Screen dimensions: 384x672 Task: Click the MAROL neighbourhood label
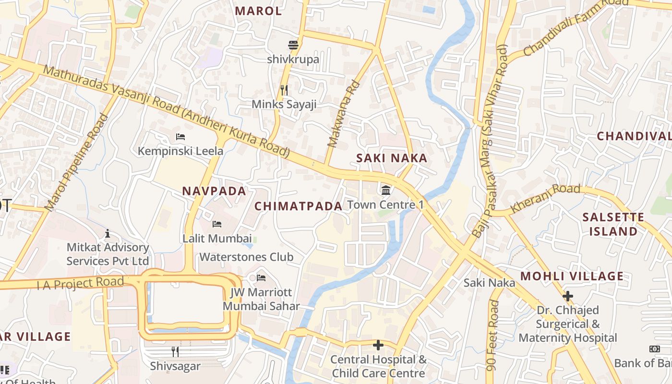(258, 11)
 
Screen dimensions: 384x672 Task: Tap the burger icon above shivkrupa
(293, 45)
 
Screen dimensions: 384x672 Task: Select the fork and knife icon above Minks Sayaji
(284, 90)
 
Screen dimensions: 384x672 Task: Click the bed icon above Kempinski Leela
(180, 137)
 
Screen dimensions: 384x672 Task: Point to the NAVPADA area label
(214, 191)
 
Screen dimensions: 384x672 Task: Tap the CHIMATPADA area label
(298, 206)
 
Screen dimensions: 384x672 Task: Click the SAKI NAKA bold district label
(391, 158)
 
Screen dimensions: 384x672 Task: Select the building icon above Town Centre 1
(385, 191)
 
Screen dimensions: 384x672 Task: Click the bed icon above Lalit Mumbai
(217, 224)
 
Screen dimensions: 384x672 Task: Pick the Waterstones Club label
(246, 257)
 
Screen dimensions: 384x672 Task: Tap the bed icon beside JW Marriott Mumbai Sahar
(261, 277)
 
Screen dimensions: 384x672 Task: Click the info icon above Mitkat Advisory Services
(108, 233)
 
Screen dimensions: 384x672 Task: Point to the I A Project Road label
(80, 283)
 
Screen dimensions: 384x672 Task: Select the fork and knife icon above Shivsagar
(175, 352)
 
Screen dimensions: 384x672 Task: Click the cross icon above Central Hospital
(378, 345)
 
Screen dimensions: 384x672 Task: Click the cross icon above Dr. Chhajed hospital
(568, 296)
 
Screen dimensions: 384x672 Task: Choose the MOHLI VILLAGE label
(572, 276)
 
